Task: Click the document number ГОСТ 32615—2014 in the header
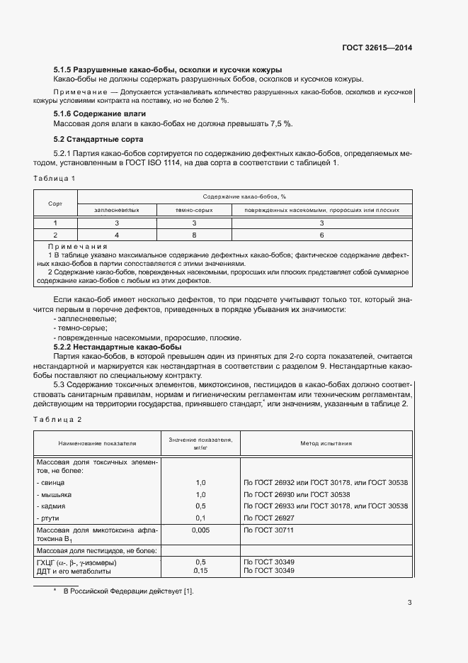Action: [x=375, y=48]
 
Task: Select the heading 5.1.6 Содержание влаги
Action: [x=100, y=113]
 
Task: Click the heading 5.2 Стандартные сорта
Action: [x=98, y=139]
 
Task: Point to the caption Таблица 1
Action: [x=55, y=178]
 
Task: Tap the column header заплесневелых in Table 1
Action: [x=117, y=210]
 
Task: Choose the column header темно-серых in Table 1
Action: [x=194, y=210]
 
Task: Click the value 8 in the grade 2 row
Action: [x=194, y=235]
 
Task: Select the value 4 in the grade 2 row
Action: [x=117, y=235]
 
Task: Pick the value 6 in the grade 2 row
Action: [x=321, y=235]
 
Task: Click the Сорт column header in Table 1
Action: [x=55, y=203]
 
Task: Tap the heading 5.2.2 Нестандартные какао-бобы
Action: [x=118, y=347]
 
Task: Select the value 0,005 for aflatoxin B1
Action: [x=200, y=530]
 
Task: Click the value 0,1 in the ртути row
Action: [x=200, y=518]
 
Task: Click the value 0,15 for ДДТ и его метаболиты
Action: [x=200, y=570]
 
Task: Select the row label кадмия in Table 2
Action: [x=51, y=506]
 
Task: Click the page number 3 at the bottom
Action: [x=409, y=603]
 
